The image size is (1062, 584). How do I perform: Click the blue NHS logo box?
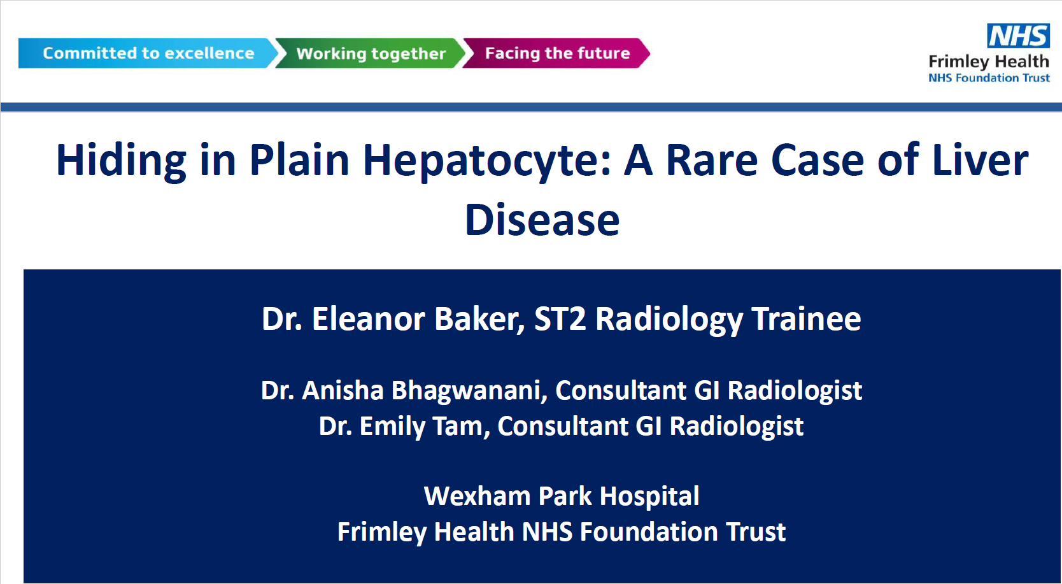1018,35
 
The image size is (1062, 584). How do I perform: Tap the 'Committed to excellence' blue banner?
148,53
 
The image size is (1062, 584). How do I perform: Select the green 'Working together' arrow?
371,53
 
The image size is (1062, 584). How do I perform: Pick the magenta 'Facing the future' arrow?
556,53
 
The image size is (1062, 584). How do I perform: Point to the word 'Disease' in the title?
542,220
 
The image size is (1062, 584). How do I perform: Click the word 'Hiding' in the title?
122,161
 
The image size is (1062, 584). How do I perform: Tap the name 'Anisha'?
343,390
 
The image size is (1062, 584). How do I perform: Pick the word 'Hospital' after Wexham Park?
649,496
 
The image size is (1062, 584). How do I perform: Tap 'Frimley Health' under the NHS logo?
989,62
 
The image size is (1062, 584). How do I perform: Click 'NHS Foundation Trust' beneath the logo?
989,78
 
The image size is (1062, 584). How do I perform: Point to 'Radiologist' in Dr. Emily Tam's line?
736,426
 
